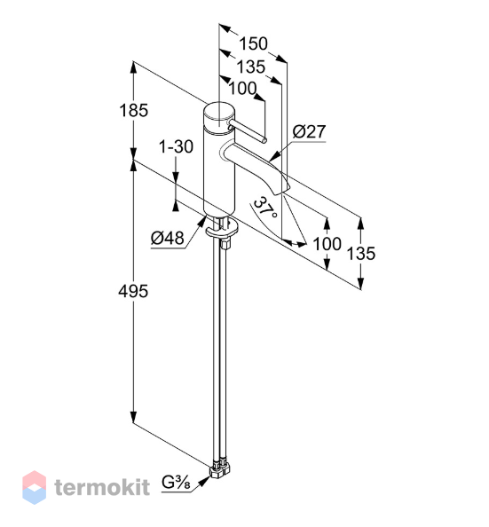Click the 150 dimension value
point(253,43)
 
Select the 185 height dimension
point(133,110)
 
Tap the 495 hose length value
point(133,291)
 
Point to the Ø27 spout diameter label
point(309,131)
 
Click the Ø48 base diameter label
point(168,239)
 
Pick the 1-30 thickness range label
point(176,147)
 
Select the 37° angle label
point(265,208)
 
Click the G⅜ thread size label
point(176,483)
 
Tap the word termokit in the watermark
point(102,487)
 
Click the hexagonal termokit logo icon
point(35,487)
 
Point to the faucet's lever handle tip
point(265,140)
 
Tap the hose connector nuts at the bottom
point(221,469)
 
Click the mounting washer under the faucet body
point(222,230)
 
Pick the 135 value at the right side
point(361,253)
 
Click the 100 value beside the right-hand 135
point(327,244)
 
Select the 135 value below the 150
point(251,67)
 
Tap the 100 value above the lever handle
point(242,89)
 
